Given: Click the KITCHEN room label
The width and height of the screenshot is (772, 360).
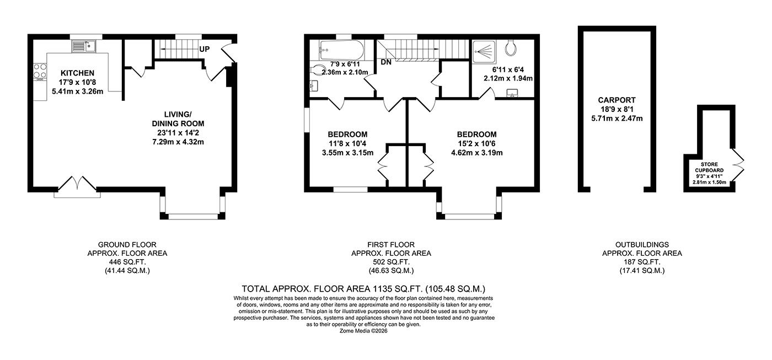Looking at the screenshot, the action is point(78,73).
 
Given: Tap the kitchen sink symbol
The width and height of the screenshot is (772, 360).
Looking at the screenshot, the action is point(84,46).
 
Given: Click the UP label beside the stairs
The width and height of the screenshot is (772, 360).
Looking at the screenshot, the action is point(205,49).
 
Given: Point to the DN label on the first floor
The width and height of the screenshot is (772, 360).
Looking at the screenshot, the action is point(386,62).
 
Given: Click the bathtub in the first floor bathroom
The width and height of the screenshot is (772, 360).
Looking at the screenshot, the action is point(341,50).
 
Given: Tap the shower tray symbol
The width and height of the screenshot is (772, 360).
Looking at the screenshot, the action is point(484,52).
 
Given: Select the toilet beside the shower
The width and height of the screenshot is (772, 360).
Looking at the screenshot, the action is point(511,47).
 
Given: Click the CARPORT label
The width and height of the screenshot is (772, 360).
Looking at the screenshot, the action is point(617,100).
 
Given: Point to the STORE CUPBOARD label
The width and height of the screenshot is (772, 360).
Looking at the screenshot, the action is point(709,168).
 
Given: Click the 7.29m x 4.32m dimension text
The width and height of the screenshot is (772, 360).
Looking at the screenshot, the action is point(178,142).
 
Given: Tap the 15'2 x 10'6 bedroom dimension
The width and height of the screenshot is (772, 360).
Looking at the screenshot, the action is point(477,144).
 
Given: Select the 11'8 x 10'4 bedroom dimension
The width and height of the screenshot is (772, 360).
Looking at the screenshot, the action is point(347,144).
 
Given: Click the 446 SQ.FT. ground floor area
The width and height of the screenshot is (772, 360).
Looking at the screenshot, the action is point(127,262).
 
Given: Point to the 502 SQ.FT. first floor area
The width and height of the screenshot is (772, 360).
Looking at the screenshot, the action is point(391,262).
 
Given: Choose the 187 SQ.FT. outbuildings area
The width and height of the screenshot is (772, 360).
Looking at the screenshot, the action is point(642,262).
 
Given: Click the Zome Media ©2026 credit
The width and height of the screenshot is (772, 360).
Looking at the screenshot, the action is point(363,331).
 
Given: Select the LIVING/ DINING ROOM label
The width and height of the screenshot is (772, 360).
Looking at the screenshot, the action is point(178,119).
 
